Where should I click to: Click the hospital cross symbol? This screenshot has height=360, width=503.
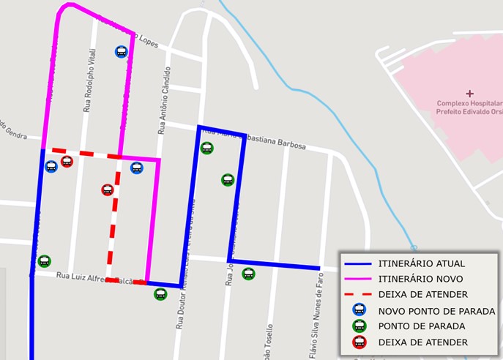pos(469,94)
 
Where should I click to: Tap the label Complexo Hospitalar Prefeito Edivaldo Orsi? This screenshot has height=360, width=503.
pos(469,108)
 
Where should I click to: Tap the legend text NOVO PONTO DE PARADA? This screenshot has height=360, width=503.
pos(436,311)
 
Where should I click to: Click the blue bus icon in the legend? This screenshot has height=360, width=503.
pos(359,310)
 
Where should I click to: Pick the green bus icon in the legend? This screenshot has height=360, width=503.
pos(359,326)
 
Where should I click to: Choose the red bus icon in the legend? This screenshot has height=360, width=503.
pos(359,342)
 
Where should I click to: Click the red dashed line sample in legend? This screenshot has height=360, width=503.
pos(359,294)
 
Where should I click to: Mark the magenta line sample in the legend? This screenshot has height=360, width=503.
pos(359,279)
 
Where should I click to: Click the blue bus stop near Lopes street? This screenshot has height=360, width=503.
pos(121,52)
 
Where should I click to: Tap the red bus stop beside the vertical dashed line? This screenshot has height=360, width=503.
pos(108,190)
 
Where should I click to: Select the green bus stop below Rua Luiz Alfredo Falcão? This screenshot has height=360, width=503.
pos(160,294)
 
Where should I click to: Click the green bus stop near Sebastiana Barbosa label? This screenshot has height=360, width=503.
pos(207,148)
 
